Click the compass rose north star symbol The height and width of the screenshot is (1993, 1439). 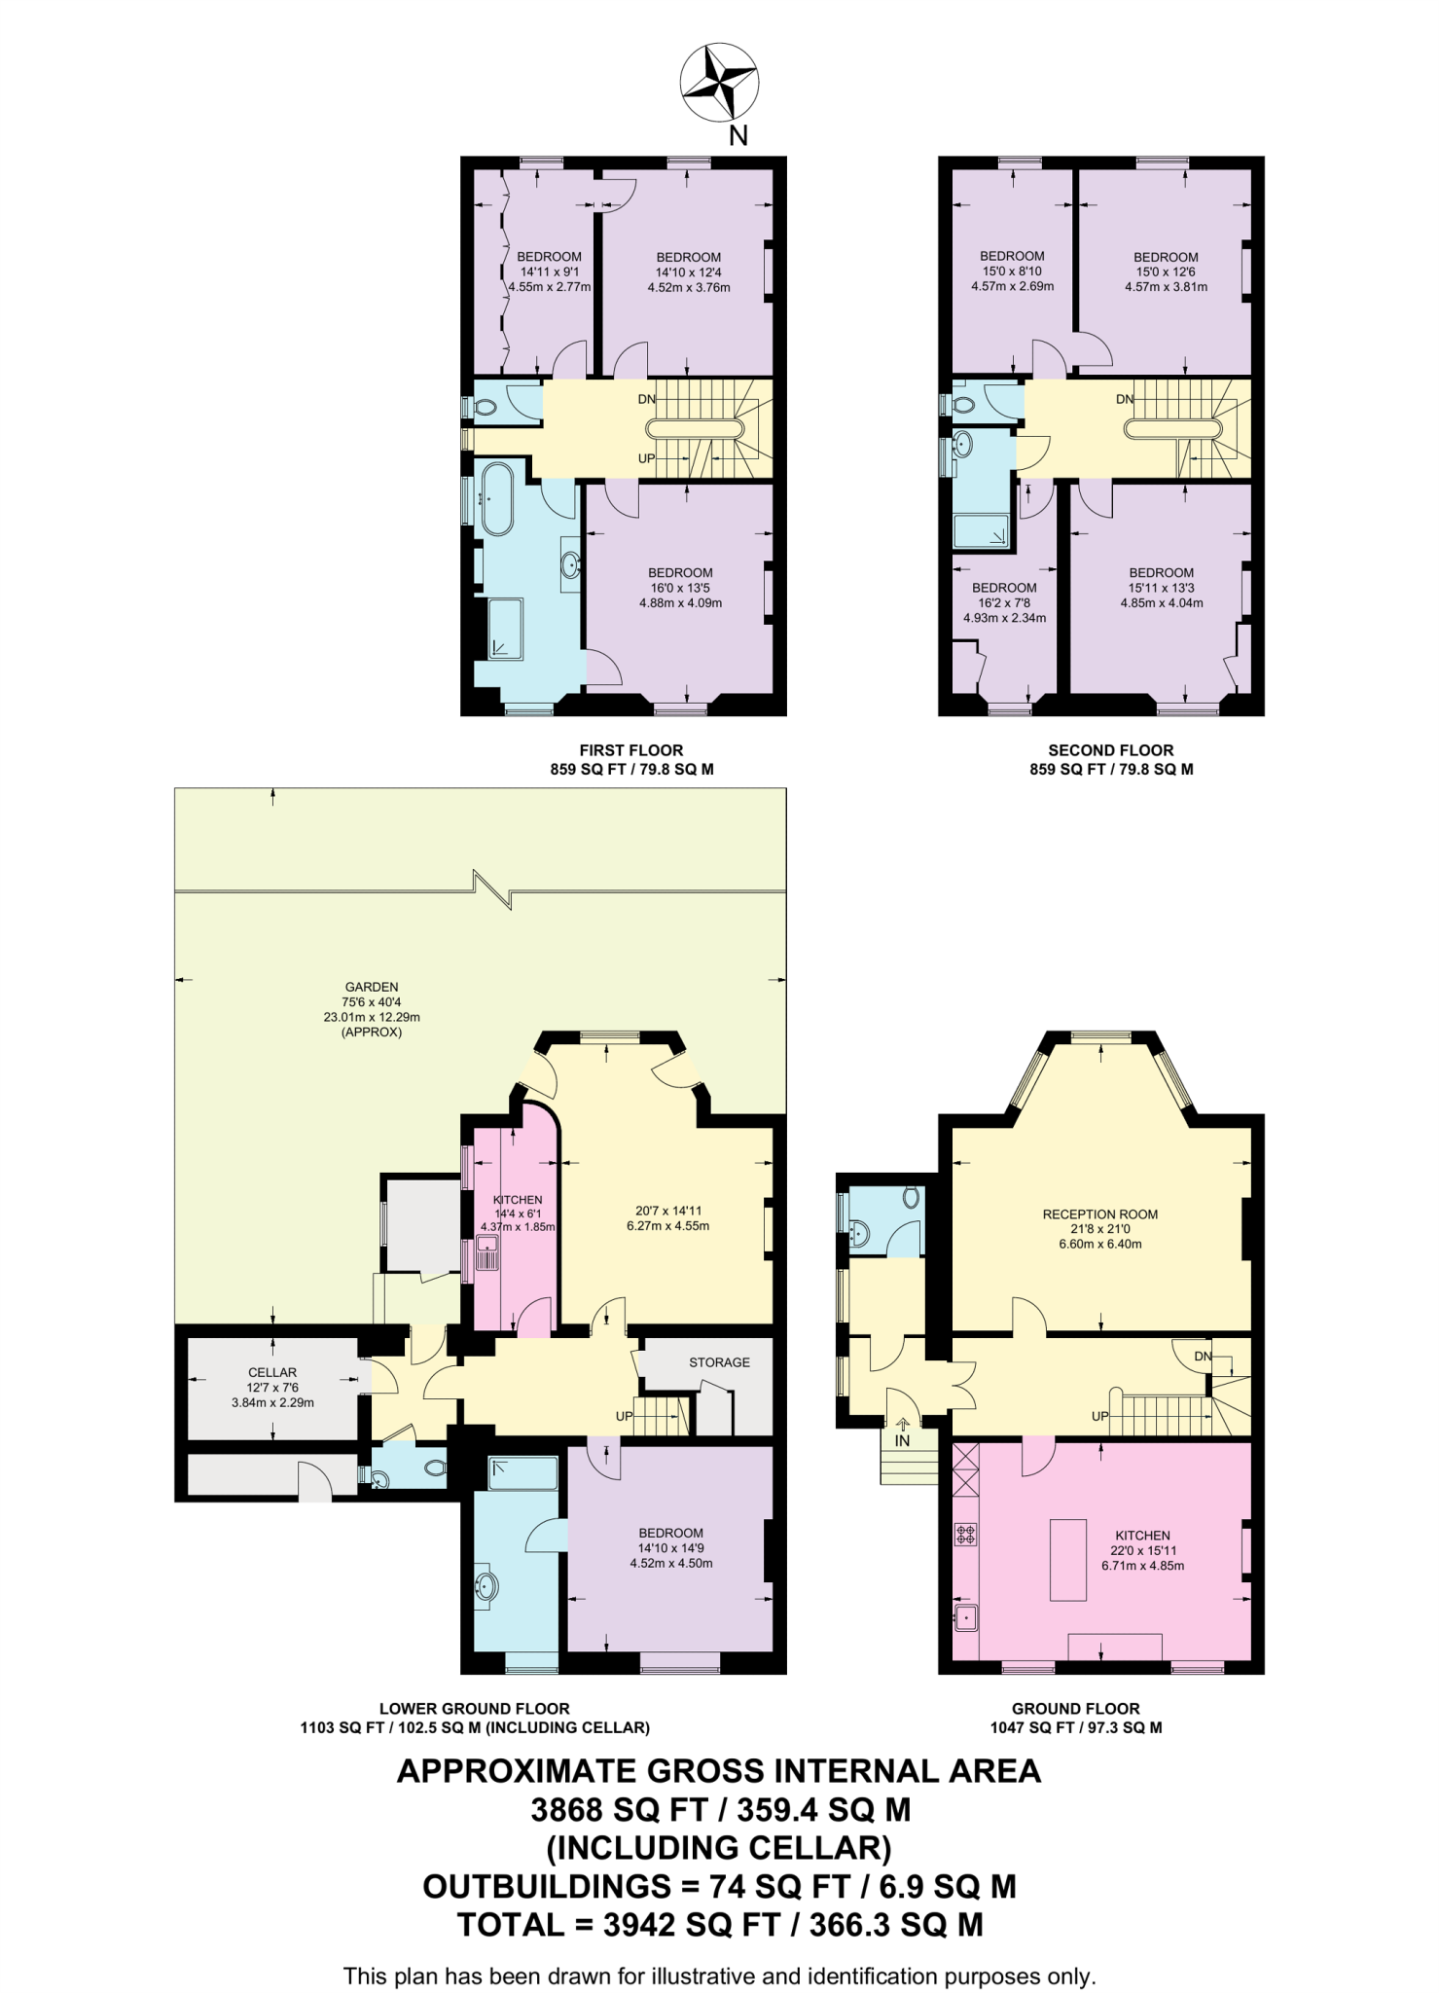pos(719,82)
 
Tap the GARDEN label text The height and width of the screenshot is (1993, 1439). pos(372,987)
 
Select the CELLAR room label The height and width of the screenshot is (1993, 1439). pos(272,1372)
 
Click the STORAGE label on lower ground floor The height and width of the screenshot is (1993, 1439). pos(719,1362)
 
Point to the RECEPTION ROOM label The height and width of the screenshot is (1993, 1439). pos(1099,1214)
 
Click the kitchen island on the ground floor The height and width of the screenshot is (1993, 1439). pos(1067,1559)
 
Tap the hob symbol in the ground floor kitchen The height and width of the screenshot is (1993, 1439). pos(965,1535)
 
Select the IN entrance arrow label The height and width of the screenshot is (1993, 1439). pos(902,1440)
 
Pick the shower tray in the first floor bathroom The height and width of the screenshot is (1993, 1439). pos(505,629)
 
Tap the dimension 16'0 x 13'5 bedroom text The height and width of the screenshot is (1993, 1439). pos(680,588)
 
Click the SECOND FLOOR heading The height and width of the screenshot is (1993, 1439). pos(1110,750)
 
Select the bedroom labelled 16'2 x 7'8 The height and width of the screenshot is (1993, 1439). pos(1004,602)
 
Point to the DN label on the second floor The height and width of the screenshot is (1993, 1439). pos(1125,399)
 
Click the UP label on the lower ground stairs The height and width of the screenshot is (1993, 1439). pos(624,1416)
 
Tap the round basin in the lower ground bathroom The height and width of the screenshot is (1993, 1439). pos(486,1587)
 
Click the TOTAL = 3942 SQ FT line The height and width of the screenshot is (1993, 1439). pos(720,1925)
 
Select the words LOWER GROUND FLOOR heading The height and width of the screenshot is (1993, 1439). pos(474,1708)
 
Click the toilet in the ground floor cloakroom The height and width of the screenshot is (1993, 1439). pos(912,1196)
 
